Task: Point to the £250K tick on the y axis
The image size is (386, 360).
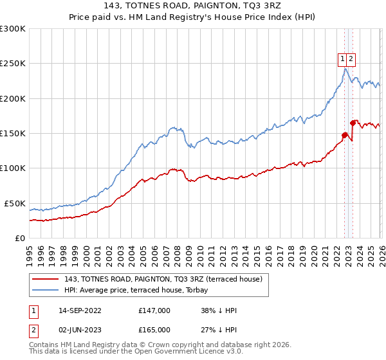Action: coord(12,64)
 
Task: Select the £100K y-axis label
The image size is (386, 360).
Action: coord(12,168)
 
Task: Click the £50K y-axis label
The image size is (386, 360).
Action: coord(14,203)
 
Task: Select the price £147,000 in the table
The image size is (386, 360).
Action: coord(154,310)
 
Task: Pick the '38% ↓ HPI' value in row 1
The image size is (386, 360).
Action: coord(219,310)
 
